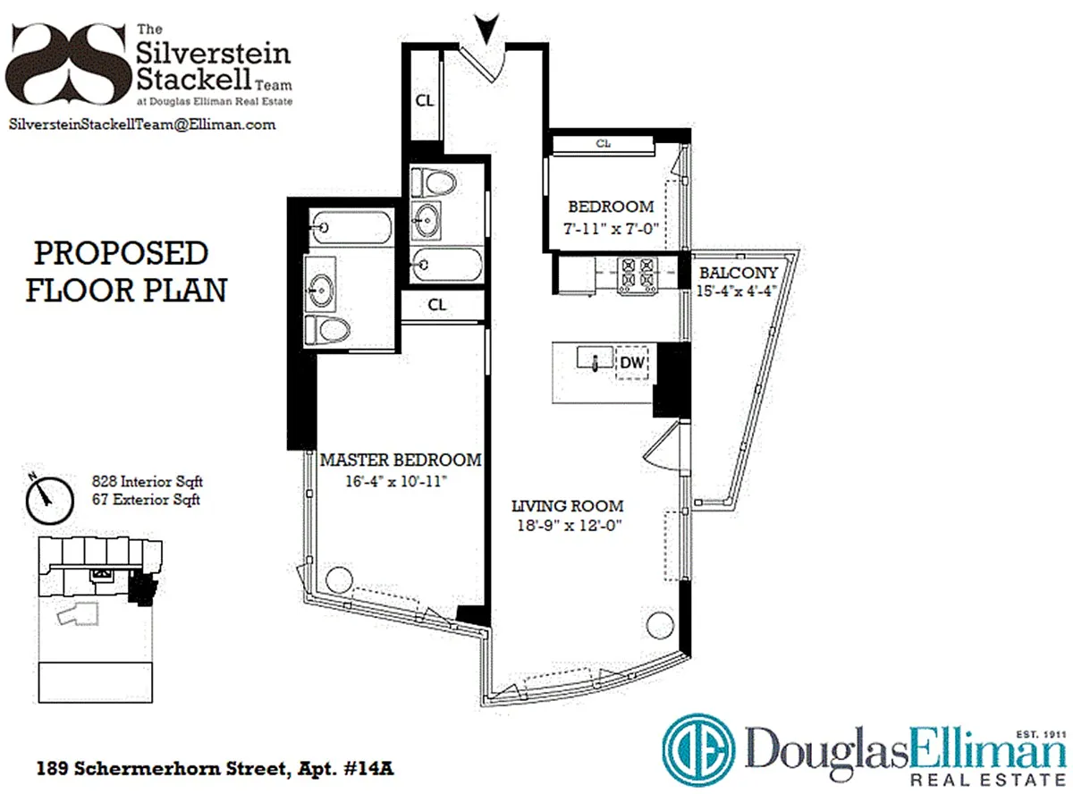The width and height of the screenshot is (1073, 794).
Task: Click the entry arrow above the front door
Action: point(486,29)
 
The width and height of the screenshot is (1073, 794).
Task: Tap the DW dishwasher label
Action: point(632,362)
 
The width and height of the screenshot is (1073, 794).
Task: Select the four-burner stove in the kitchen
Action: point(638,275)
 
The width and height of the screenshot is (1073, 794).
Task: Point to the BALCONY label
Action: point(739,273)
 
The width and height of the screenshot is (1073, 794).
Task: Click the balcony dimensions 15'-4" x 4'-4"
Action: point(736,291)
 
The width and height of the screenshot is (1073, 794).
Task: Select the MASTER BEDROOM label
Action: point(401,460)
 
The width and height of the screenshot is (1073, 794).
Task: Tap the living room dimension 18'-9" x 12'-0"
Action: point(569,525)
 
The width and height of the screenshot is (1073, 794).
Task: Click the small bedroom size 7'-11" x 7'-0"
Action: point(611,228)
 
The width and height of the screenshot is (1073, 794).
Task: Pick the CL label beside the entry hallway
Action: point(425,101)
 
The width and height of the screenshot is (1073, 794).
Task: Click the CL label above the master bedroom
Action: point(437,305)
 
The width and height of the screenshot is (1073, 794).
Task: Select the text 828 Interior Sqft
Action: point(147,481)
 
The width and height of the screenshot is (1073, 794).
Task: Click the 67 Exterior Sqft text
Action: point(146,499)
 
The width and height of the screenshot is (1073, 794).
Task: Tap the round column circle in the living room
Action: point(660,625)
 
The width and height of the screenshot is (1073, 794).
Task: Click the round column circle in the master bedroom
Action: point(339,579)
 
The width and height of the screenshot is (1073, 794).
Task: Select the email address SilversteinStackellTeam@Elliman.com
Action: point(142,124)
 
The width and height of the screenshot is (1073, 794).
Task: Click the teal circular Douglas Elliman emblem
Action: point(698,750)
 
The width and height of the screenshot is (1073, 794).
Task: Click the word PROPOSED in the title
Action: point(121,253)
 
